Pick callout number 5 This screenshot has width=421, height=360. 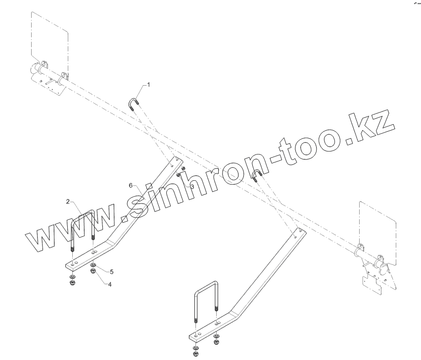111,271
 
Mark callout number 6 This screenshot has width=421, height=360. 130,185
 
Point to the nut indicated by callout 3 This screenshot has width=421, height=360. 184,174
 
